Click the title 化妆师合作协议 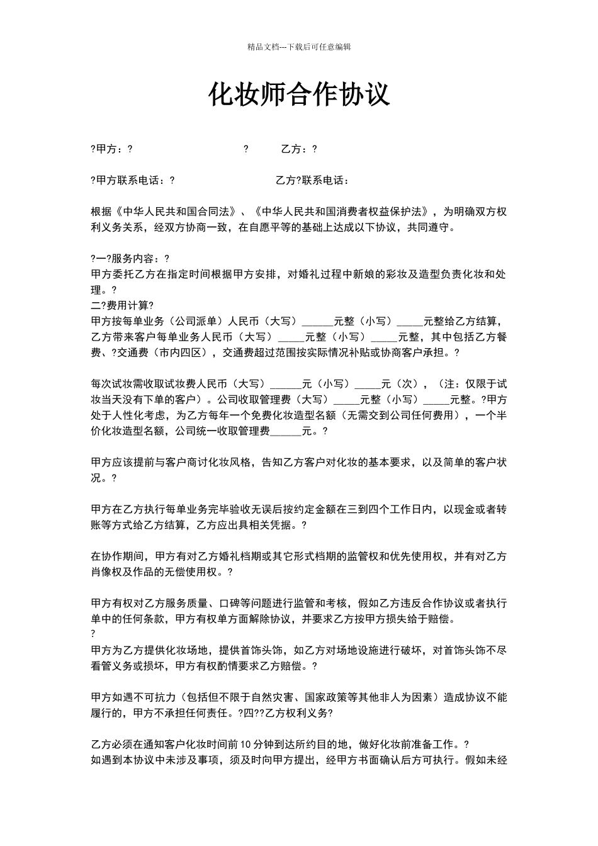click(299, 95)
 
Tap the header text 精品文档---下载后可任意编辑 click(299, 47)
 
